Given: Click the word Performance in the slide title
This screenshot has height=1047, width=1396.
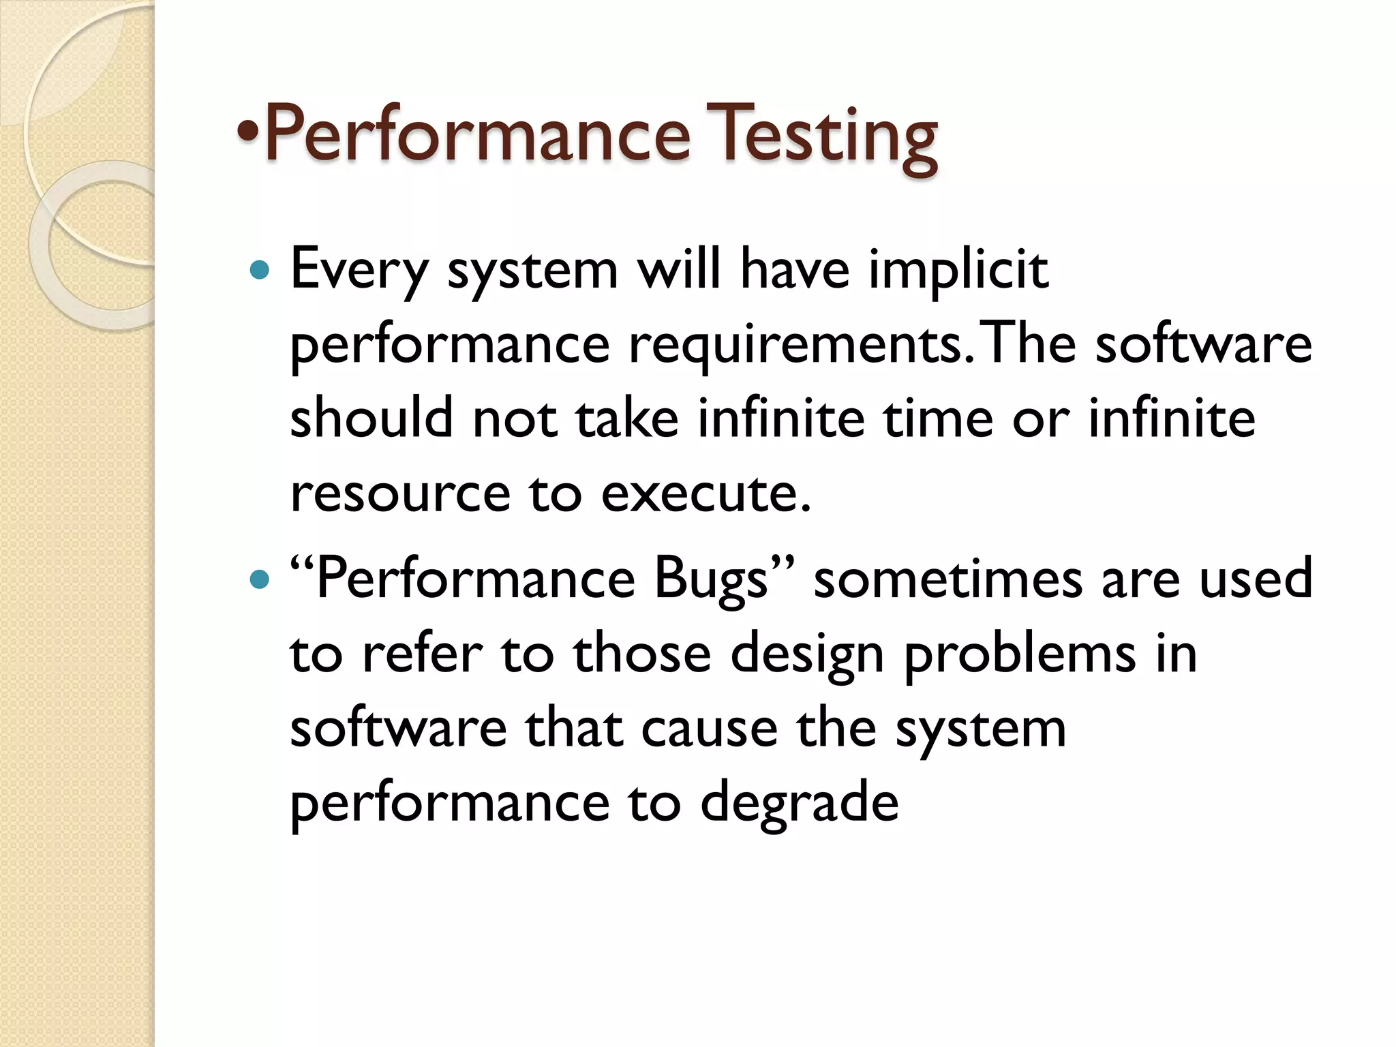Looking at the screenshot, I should pos(478,134).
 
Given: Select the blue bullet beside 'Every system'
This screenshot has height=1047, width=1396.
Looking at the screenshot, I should pos(260,271).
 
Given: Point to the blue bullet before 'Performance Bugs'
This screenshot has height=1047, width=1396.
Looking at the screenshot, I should pos(260,579).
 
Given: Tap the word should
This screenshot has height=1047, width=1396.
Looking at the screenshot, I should pos(371,418).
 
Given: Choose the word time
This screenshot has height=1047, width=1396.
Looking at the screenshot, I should pos(938,418).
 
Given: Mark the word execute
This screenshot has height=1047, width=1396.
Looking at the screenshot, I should pos(705,494).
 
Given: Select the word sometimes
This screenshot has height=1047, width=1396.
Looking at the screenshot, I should pos(947,579).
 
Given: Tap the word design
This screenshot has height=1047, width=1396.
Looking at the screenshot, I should pos(807,655).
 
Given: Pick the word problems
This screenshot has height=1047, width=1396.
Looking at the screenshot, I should pos(1020,655).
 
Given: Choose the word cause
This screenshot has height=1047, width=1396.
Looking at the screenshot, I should pos(709,729).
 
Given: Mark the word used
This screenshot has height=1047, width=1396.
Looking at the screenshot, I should pos(1255,579).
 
